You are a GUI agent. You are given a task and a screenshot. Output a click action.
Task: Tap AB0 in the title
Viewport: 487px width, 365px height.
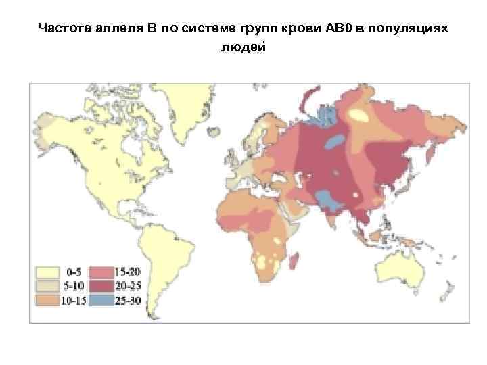(329, 30)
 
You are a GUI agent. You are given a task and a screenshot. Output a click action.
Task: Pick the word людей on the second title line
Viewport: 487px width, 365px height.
(243, 48)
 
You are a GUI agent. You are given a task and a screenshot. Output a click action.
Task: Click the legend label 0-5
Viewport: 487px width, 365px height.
(75, 272)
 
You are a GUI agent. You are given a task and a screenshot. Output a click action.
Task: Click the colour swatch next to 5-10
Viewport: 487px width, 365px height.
(48, 286)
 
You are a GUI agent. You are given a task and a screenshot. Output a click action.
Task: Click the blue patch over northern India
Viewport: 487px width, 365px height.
(327, 199)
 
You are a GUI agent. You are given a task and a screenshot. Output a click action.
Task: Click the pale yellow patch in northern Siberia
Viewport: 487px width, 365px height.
(360, 116)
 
